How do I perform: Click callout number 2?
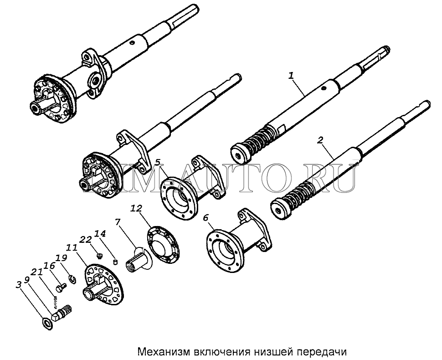coord(320,140)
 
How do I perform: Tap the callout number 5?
coord(158,162)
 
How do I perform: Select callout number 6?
coord(206,218)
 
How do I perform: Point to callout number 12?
coord(136,208)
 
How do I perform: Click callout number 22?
coord(86,240)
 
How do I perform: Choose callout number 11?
coord(72,248)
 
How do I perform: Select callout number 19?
coord(62,258)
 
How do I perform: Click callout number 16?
coord(49,266)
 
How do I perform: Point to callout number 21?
coord(36,272)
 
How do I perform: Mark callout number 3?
coord(19,285)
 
